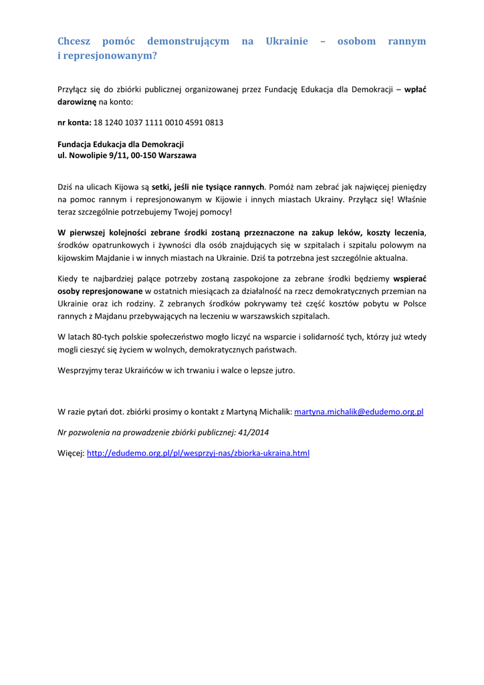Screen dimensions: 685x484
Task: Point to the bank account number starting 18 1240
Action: point(158,123)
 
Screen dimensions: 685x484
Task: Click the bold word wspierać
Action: point(409,278)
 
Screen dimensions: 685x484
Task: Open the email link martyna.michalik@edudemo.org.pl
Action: point(358,412)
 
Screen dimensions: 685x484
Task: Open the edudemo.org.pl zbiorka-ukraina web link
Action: point(198,453)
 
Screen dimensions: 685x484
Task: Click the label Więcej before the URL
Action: point(71,453)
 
